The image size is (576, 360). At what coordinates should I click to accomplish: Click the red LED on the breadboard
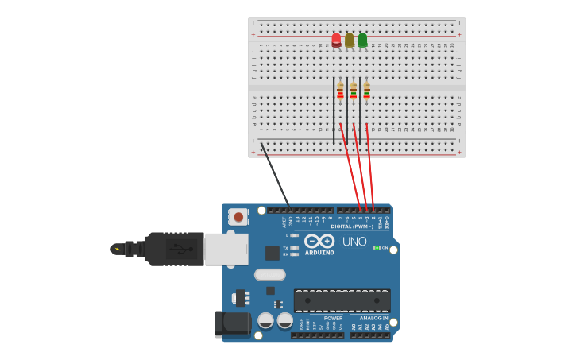pos(336,39)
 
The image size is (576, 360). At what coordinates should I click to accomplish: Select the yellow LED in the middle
pos(350,40)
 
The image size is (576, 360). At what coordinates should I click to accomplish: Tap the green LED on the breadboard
pos(362,40)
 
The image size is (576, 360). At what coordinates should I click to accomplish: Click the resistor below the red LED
pos(340,92)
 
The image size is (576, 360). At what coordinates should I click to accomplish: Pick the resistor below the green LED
pos(366,92)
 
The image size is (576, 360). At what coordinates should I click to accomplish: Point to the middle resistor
pos(354,92)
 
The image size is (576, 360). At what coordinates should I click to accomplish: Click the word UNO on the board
pos(354,242)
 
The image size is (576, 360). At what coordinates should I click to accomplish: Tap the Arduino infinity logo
pos(319,241)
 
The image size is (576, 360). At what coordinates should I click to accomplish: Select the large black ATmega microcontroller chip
pos(342,300)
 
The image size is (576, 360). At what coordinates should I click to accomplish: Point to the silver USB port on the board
pos(226,249)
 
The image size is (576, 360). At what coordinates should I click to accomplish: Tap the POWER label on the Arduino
pos(333,318)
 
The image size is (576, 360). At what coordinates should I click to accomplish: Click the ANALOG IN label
pos(373,318)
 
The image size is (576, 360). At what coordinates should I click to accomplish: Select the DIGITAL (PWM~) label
pos(352,226)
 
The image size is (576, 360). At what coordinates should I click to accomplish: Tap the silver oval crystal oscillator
pos(269,275)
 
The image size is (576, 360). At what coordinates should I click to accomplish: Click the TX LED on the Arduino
pos(295,248)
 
